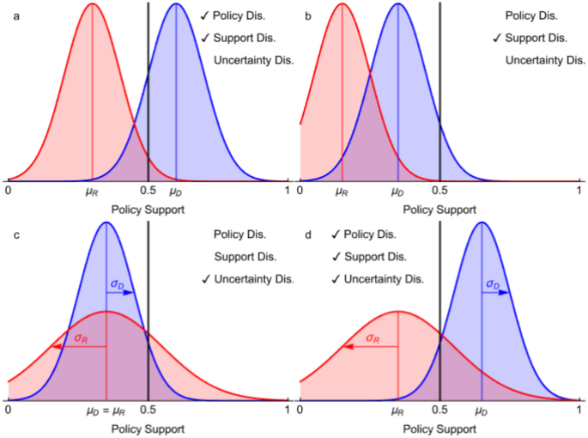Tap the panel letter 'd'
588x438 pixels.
tap(309, 234)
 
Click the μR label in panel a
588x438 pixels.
tap(92, 192)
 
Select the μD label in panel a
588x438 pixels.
tap(176, 192)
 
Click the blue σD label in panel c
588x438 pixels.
tap(120, 283)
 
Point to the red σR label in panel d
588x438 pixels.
tap(373, 338)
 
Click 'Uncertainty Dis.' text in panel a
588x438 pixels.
tap(254, 60)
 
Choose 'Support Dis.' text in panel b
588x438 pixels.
tap(536, 38)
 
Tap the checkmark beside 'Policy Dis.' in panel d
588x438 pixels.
tap(335, 234)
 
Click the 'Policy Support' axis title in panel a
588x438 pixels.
tap(146, 209)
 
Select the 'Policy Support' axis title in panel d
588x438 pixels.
tap(439, 429)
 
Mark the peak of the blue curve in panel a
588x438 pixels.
tap(176, 4)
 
